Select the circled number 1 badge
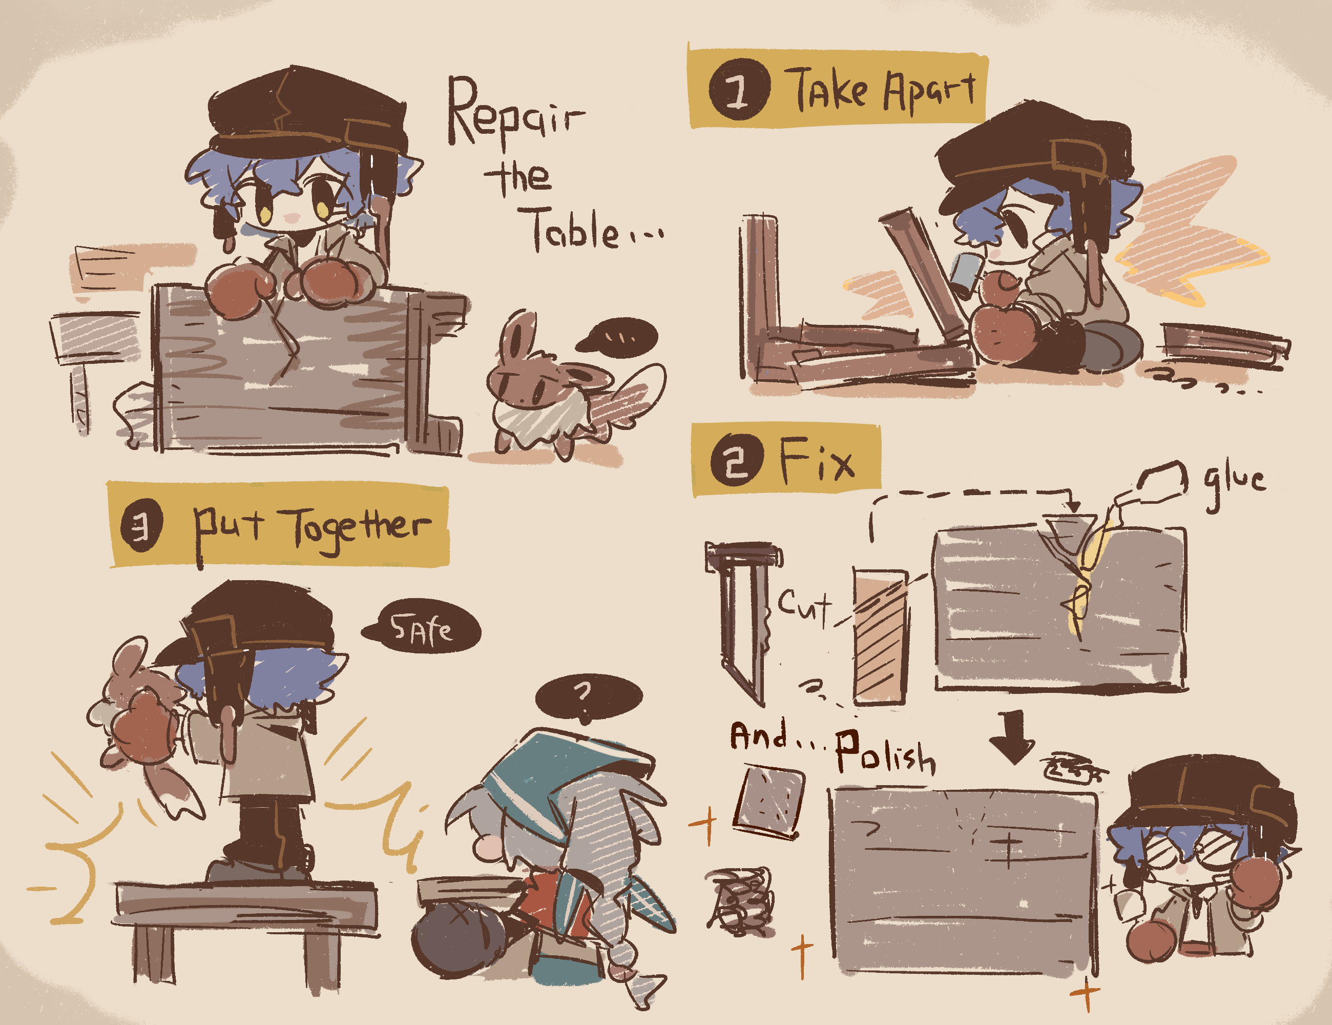(739, 90)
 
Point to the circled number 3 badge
(141, 526)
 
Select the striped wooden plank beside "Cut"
(880, 637)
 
